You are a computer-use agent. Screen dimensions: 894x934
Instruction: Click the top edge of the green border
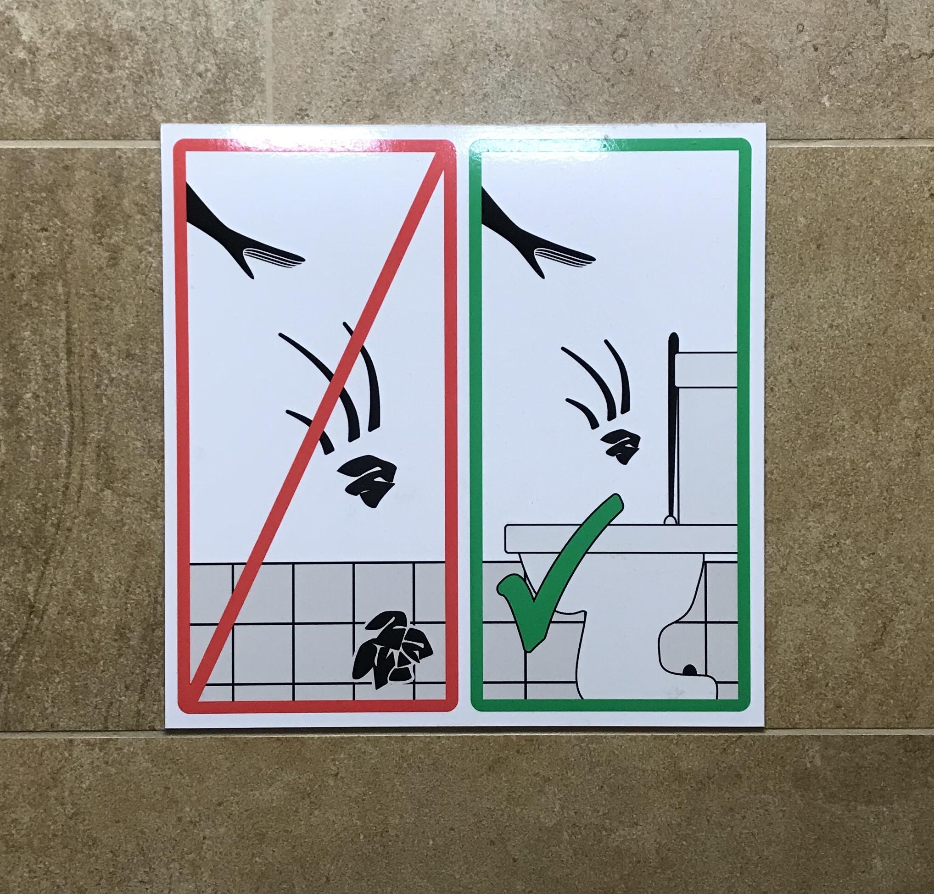pyautogui.click(x=610, y=145)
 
